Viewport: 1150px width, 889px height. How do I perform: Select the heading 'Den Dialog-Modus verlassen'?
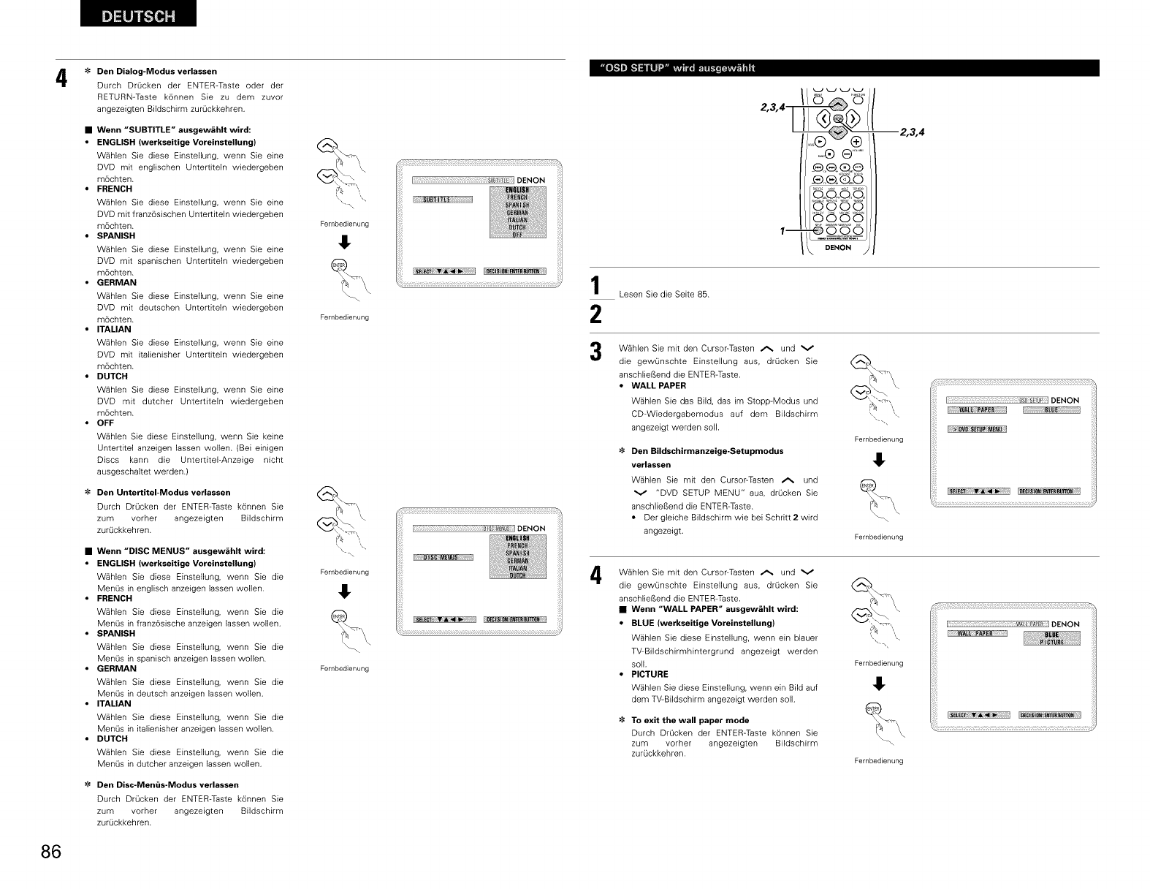tap(156, 71)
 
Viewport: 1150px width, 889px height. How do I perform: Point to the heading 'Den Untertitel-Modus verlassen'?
tap(164, 492)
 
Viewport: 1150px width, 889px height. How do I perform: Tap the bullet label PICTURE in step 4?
tap(650, 674)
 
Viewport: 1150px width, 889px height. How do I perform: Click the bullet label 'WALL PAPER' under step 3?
tap(658, 385)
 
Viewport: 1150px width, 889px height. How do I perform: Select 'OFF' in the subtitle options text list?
tap(105, 423)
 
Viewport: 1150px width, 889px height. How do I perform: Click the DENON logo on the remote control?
tap(838, 248)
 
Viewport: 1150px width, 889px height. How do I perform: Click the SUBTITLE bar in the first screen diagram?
tap(443, 200)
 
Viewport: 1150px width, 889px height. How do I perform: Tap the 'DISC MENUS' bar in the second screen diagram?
tap(443, 559)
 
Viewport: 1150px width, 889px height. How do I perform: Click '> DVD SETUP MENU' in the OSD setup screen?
tap(976, 429)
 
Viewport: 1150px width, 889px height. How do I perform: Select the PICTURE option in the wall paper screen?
tap(1051, 643)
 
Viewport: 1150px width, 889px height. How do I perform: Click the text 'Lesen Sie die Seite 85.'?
tap(663, 295)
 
